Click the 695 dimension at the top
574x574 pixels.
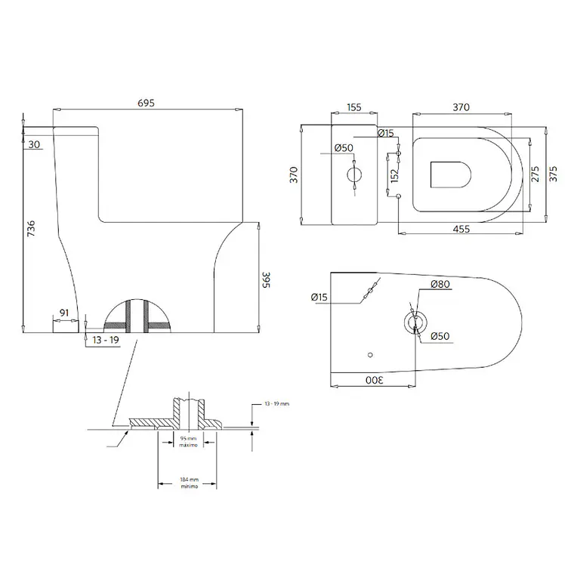(146, 103)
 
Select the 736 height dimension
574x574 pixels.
(32, 228)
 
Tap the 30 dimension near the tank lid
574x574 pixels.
(34, 144)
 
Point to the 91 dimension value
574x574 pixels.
(64, 313)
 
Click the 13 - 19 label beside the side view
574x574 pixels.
(106, 340)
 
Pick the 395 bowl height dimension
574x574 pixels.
(266, 279)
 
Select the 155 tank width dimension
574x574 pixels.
(354, 107)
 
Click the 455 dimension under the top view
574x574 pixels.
(461, 229)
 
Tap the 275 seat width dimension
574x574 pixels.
(535, 174)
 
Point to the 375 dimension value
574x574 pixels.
(554, 174)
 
